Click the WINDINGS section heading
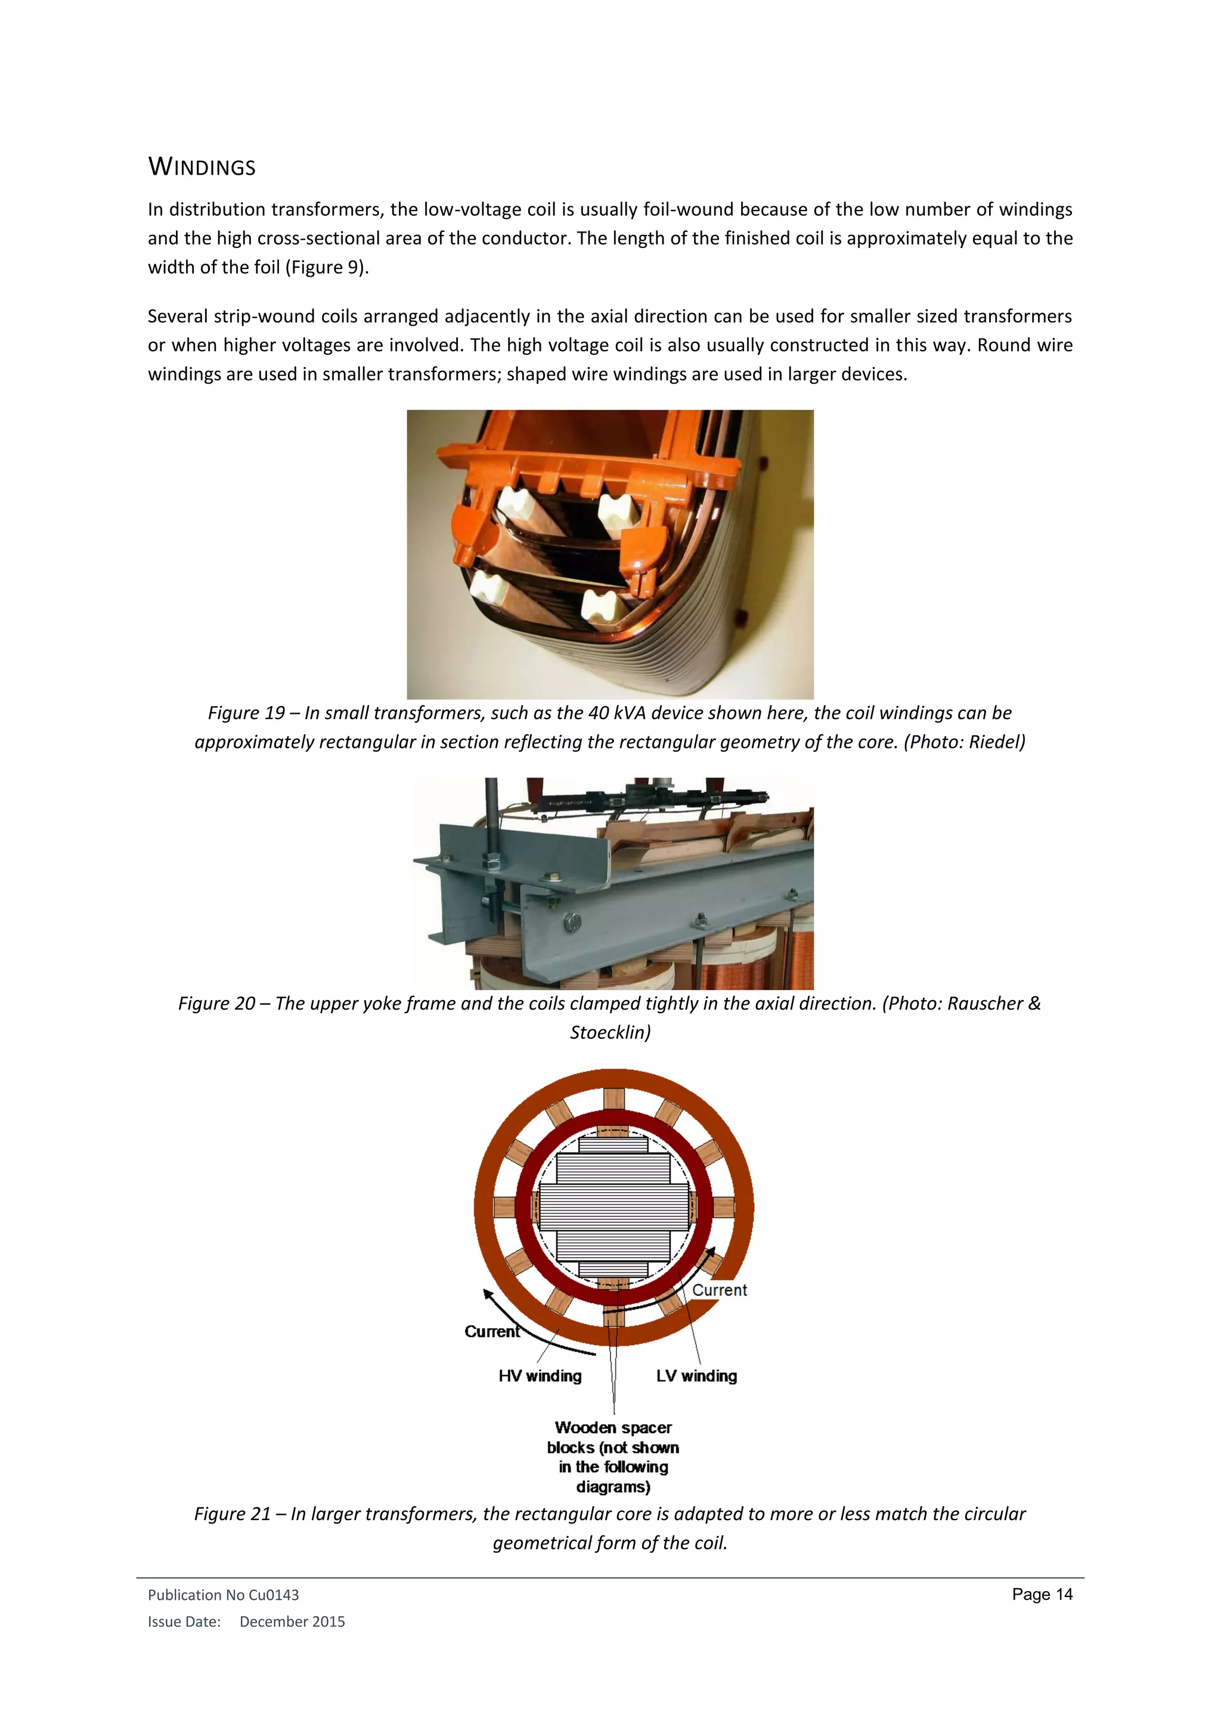pos(202,166)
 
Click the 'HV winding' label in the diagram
pos(540,1376)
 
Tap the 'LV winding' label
pos(696,1376)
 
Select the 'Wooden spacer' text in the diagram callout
pos(613,1427)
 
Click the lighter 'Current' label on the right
pos(720,1290)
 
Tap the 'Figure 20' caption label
pos(216,1004)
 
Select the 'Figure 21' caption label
pos(231,1514)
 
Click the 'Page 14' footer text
pos(1042,1595)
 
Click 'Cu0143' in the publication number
pos(274,1595)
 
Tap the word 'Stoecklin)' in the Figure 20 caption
pos(610,1032)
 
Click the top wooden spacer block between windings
pos(613,1099)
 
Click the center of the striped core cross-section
pos(613,1206)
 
